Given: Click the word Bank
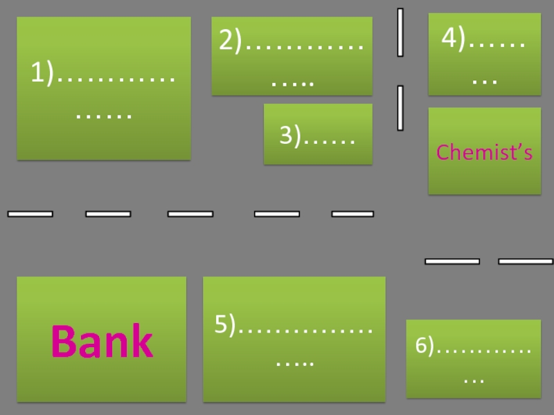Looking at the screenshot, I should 102,341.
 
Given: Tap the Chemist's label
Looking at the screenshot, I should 484,153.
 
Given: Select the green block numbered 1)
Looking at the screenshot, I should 103,89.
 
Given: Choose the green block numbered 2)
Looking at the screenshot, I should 292,56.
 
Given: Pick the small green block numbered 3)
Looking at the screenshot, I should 318,134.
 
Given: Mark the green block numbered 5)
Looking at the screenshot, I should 294,339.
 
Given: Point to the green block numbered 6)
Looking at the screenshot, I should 473,358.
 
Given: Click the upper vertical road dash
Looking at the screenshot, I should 400,32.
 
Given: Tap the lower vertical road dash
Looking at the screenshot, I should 400,108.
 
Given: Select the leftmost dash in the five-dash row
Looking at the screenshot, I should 30,214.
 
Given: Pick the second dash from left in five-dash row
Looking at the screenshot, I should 108,214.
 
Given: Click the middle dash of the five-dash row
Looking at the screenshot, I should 190,214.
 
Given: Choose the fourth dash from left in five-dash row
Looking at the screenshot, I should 277,214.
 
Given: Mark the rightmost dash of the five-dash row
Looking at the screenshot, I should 352,214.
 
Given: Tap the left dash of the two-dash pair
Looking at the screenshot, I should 452,261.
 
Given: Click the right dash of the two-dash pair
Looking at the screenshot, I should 526,261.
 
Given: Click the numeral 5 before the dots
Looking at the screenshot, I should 221,324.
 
